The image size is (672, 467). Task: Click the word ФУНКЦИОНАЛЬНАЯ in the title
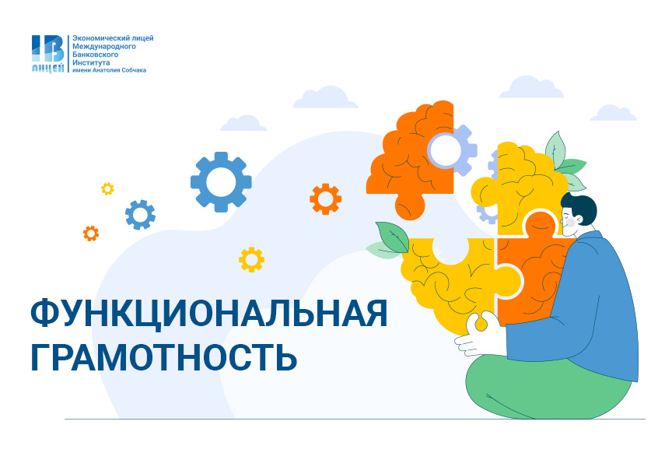coord(209,314)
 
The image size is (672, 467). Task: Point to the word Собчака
coord(134,70)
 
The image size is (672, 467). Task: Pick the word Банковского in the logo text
coord(95,54)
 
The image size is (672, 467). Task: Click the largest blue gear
coord(221,182)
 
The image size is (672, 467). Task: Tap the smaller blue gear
coord(140,214)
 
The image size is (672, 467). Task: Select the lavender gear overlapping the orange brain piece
coord(452,150)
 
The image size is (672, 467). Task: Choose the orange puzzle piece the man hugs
coord(531,266)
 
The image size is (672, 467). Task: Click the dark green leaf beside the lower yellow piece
coord(394,237)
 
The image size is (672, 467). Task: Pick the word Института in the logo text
coord(91,62)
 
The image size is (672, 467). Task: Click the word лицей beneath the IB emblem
coord(47,68)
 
